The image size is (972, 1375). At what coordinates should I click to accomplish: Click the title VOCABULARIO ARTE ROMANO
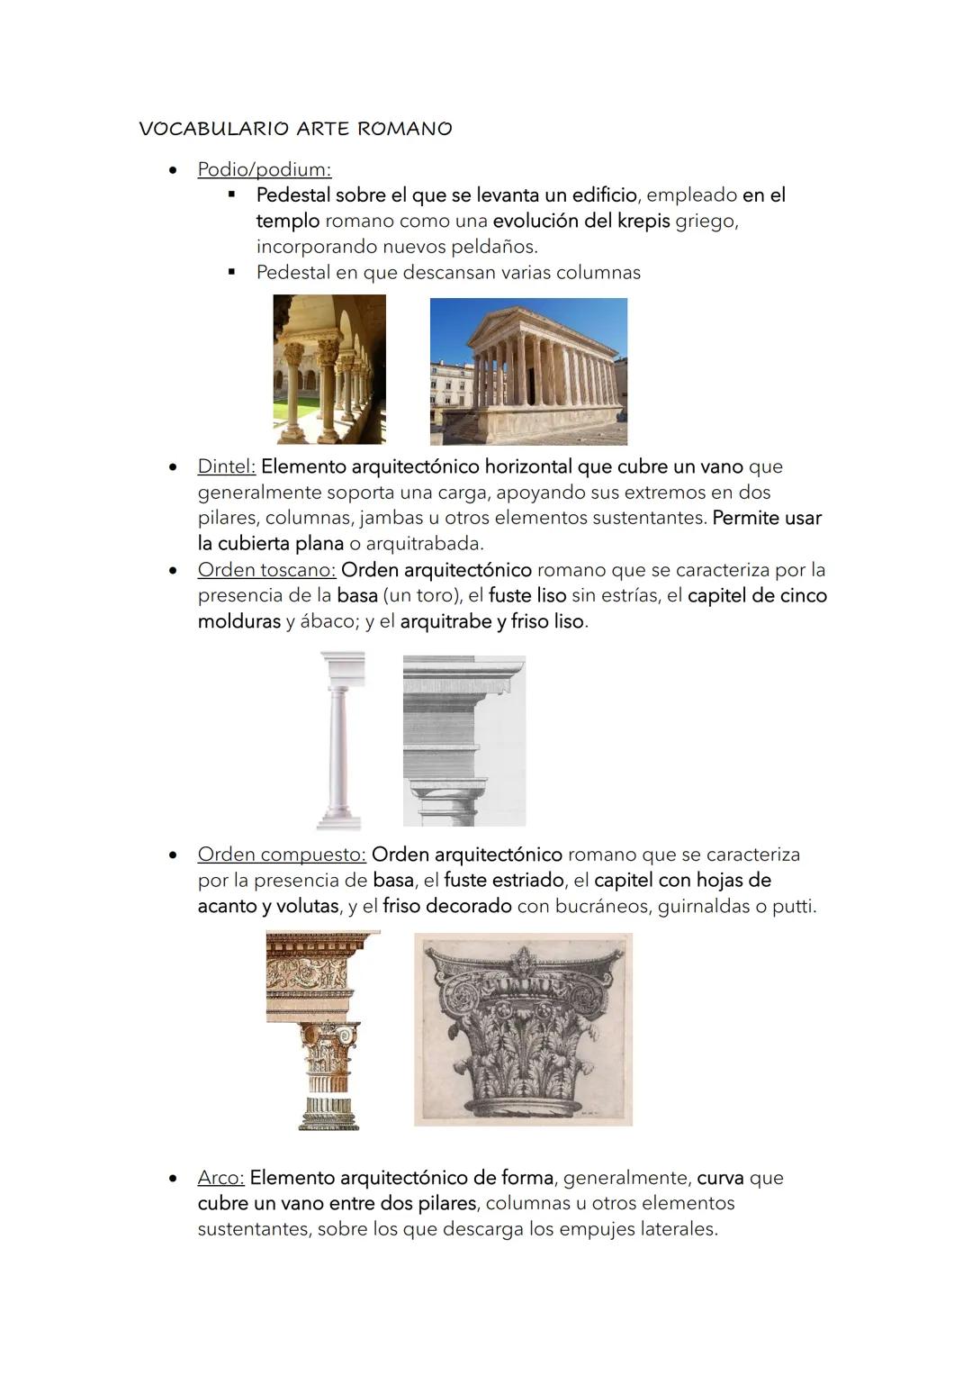click(295, 129)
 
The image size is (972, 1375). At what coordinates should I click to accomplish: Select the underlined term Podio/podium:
click(264, 169)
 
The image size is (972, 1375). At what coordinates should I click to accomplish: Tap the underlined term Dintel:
click(226, 466)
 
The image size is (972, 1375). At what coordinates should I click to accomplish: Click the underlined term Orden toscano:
click(266, 570)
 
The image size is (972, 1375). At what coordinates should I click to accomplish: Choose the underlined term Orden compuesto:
click(281, 855)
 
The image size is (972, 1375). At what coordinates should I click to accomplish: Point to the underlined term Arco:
click(220, 1178)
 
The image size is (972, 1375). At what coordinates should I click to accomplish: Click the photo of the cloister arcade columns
click(329, 369)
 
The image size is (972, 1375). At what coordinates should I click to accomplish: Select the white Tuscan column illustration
click(340, 740)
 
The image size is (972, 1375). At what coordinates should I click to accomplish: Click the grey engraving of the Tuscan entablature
click(463, 740)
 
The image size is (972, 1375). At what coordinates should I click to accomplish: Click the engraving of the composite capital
click(523, 1029)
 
